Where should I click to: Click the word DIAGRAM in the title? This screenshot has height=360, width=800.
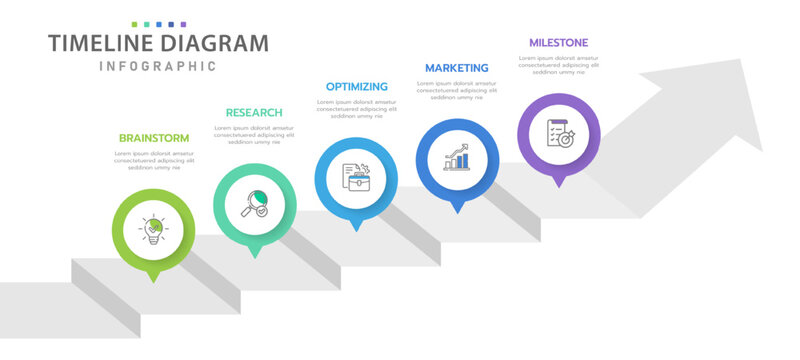pos(217,43)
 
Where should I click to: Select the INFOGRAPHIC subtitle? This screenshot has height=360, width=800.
pos(158,66)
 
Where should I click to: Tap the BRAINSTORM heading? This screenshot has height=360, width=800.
pos(153,138)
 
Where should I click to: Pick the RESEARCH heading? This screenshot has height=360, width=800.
pos(254,113)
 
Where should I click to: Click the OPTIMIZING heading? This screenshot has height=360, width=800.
pos(356,87)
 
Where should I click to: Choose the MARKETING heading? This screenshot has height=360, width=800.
pos(457,68)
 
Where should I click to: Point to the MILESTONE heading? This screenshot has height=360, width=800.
pos(558,43)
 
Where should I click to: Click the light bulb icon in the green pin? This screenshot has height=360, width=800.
pos(153,230)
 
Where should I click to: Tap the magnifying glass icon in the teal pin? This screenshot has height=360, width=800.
pos(254,204)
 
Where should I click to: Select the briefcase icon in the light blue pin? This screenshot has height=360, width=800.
pos(356,178)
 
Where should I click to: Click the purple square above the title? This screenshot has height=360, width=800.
pos(183,22)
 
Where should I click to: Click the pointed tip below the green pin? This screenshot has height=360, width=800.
pos(153,280)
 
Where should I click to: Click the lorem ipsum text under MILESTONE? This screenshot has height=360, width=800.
pos(558,65)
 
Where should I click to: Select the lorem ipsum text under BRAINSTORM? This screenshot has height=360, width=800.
pos(153,160)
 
